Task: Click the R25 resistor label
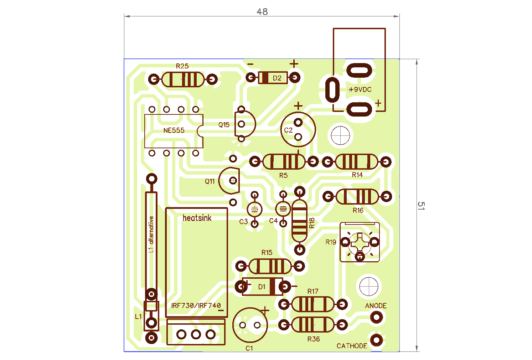[x=182, y=66]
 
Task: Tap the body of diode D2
[x=273, y=78]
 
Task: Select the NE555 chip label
[x=174, y=130]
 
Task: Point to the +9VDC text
[x=360, y=89]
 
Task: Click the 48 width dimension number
[x=262, y=12]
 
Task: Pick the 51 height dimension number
[x=421, y=206]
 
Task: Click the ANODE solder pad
[x=377, y=317]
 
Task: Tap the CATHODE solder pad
[x=376, y=340]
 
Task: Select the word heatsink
[x=197, y=218]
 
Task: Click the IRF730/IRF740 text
[x=196, y=305]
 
